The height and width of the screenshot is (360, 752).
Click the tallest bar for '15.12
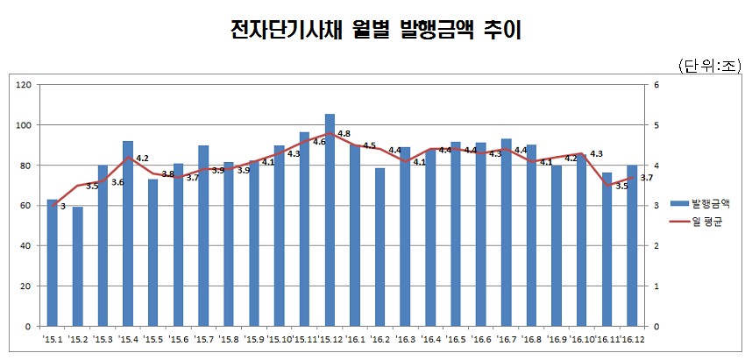click(x=330, y=219)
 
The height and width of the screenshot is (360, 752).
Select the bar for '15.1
click(x=52, y=263)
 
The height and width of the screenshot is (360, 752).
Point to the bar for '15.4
click(x=128, y=233)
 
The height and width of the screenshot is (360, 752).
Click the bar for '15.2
click(x=77, y=266)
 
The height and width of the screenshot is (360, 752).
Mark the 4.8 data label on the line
click(x=344, y=134)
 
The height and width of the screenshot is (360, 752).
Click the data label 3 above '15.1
click(x=63, y=207)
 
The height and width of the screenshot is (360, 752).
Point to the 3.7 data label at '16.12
click(x=647, y=178)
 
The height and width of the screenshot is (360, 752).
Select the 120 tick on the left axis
click(x=25, y=85)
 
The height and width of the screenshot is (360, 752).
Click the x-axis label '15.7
click(x=203, y=339)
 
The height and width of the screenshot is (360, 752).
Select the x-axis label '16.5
click(x=455, y=339)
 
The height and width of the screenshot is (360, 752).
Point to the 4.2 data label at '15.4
click(x=142, y=159)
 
